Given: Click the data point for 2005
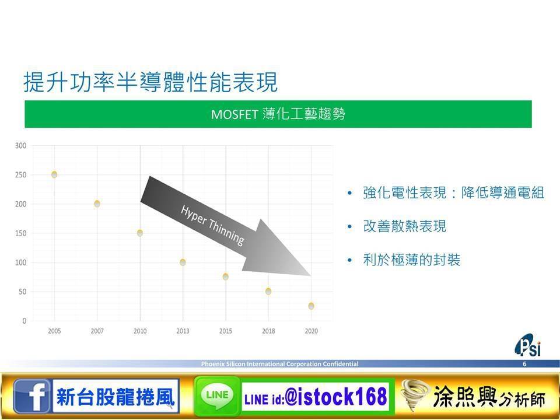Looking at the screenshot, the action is tap(54, 174).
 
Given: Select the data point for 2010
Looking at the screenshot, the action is tap(140, 233).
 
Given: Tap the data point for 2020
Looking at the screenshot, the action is tap(311, 306).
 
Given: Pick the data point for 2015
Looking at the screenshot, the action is tap(225, 276).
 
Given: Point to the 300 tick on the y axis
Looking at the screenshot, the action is tap(21, 146).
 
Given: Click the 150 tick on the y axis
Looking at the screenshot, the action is tap(21, 233).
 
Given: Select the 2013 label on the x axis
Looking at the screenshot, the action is tap(183, 331).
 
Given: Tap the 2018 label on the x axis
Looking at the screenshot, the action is tap(268, 331).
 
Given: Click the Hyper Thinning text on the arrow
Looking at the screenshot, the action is tap(212, 225).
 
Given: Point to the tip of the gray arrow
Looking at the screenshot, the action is tap(311, 276).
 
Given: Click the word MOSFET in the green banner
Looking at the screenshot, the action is tap(235, 115).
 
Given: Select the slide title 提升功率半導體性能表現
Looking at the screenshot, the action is tap(150, 82).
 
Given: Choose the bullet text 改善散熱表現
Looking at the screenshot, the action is tap(405, 226).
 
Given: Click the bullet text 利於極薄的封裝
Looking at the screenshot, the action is tap(411, 260).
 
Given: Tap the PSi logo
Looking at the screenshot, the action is tap(528, 345).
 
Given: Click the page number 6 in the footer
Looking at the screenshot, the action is tap(524, 364).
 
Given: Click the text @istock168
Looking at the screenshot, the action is tap(336, 397).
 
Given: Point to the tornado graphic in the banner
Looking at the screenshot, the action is tap(415, 395).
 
